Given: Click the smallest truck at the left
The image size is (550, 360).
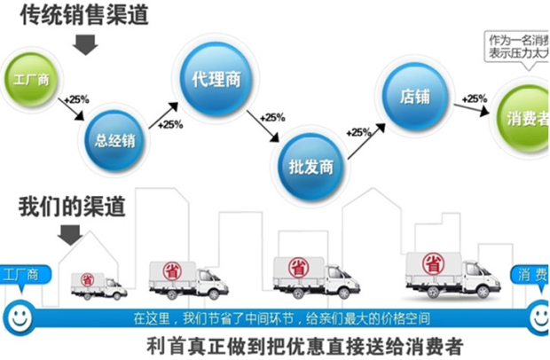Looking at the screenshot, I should (x=98, y=283).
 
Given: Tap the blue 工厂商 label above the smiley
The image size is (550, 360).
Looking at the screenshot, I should (x=21, y=274).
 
